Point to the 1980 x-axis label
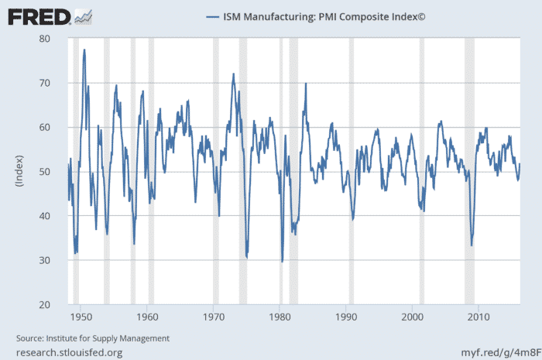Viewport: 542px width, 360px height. coord(280,317)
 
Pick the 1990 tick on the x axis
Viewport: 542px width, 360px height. coord(346,317)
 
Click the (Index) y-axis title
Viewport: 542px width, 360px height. coord(20,172)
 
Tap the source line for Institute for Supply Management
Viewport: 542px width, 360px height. coord(93,338)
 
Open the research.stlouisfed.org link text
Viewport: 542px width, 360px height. coord(70,352)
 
